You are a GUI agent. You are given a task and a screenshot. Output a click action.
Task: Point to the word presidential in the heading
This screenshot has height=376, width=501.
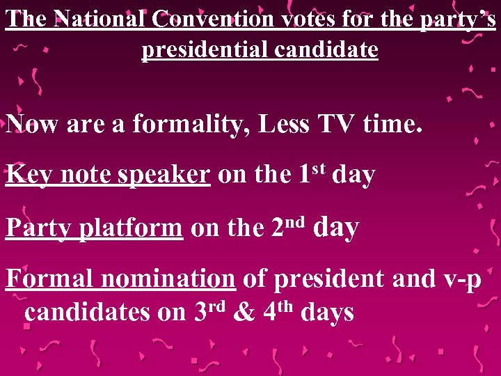203,49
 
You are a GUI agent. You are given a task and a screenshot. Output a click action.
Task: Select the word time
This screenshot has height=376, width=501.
392,125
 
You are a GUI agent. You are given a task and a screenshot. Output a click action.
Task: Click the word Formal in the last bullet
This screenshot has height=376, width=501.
50,279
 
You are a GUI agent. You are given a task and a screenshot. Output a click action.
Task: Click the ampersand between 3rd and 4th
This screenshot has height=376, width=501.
244,312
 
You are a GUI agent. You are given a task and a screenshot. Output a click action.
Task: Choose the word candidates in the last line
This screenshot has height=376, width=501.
88,313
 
